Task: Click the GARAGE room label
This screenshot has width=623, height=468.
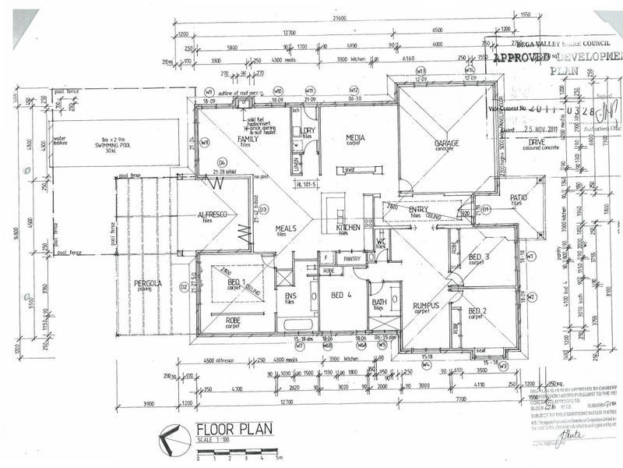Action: [x=446, y=144]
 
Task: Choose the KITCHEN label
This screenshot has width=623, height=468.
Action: [x=347, y=227]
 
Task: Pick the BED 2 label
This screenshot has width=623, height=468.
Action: [x=478, y=311]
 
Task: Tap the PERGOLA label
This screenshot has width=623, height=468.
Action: [x=147, y=283]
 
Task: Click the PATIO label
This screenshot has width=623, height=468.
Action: [x=520, y=198]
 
